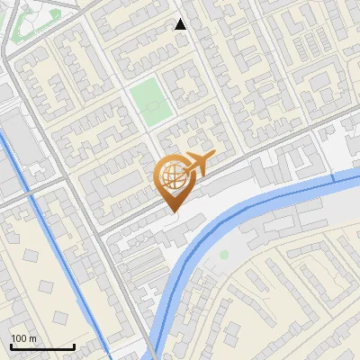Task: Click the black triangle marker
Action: (181, 24)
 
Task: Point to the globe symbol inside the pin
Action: (171, 176)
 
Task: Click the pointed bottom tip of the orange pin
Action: (172, 211)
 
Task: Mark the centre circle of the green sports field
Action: (151, 103)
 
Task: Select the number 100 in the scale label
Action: (19, 338)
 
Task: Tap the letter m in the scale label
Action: (31, 338)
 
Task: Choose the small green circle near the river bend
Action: (224, 255)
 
